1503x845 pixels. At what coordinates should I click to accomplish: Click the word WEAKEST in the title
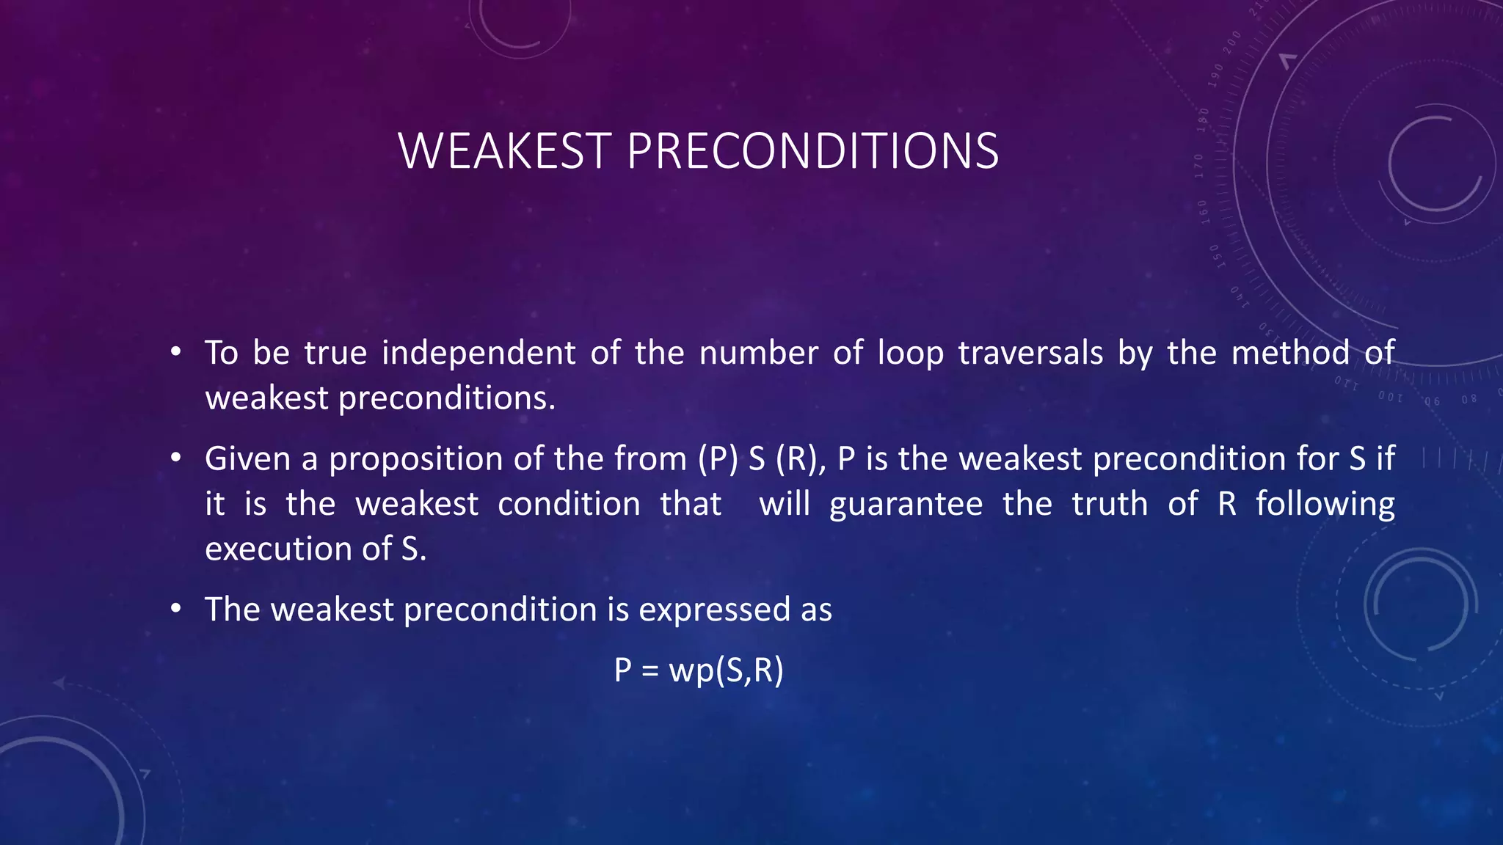pyautogui.click(x=505, y=151)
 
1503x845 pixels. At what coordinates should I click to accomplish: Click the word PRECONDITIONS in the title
pyautogui.click(x=812, y=151)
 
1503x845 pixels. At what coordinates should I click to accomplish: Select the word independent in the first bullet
pyautogui.click(x=478, y=353)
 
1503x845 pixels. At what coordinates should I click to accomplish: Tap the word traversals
pyautogui.click(x=1030, y=353)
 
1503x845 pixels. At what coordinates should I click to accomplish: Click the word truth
pyautogui.click(x=1110, y=504)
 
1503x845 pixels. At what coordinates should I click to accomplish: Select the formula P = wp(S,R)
pyautogui.click(x=699, y=670)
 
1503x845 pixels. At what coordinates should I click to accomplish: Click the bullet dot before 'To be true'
pyautogui.click(x=175, y=353)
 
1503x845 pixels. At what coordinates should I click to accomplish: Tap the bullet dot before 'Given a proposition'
pyautogui.click(x=175, y=458)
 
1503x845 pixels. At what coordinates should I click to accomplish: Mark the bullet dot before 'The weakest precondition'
pyautogui.click(x=175, y=610)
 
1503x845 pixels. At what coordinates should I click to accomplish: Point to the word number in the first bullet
pyautogui.click(x=758, y=353)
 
